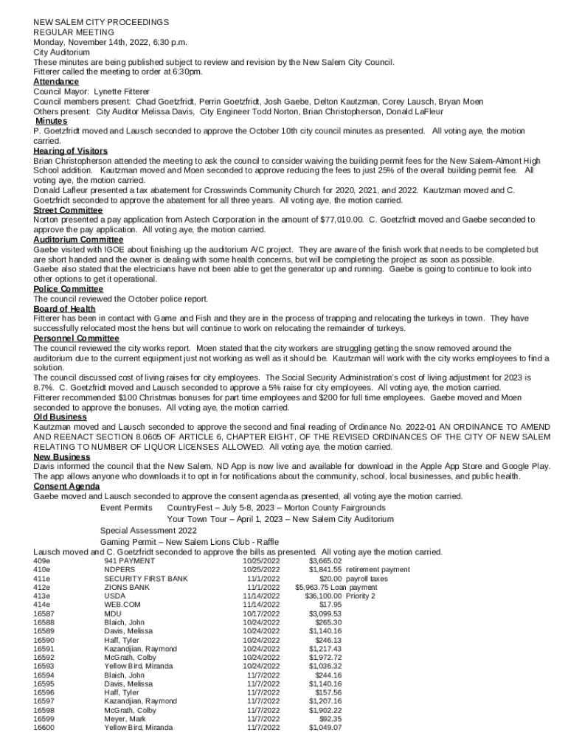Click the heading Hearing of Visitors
point(71,151)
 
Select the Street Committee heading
point(68,210)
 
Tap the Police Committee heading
point(69,289)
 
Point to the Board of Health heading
point(64,309)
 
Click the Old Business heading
point(60,417)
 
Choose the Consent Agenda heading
point(66,487)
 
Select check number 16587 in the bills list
point(44,613)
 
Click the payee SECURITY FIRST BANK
point(146,579)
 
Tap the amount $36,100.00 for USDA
point(323,596)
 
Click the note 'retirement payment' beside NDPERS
point(378,570)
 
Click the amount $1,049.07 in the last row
point(325,728)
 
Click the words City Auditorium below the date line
point(62,52)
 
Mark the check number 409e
point(42,561)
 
